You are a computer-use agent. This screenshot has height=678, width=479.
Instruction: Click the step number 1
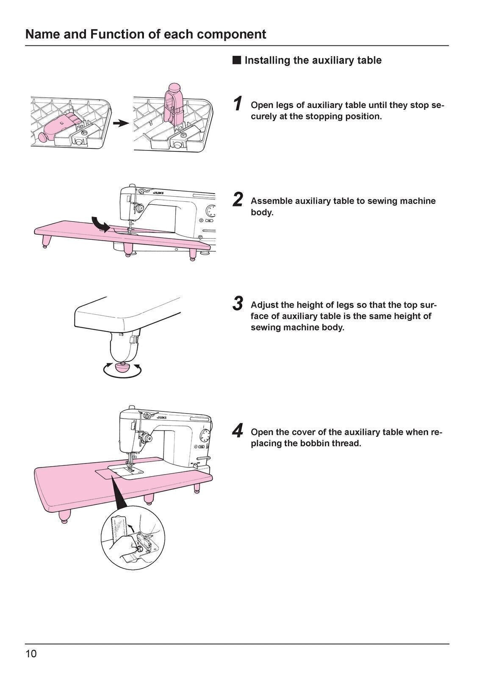tap(238, 104)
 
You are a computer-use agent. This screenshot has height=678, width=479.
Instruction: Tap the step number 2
tap(238, 200)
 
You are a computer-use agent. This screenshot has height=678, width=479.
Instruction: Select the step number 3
tap(238, 303)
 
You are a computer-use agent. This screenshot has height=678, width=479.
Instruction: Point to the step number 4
tap(238, 431)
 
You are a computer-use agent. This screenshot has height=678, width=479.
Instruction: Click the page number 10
tap(31, 654)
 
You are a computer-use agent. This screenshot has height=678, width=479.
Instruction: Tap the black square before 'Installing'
tap(236, 60)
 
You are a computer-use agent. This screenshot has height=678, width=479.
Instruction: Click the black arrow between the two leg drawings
tap(121, 123)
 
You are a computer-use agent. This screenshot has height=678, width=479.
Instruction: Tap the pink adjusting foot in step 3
tap(122, 367)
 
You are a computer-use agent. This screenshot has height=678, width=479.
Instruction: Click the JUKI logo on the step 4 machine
tap(161, 417)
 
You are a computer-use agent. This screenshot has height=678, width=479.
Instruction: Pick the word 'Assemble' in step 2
tap(270, 201)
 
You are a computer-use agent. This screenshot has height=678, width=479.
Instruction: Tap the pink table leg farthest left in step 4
tap(64, 517)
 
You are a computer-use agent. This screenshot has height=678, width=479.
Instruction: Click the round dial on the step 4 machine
tap(205, 436)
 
